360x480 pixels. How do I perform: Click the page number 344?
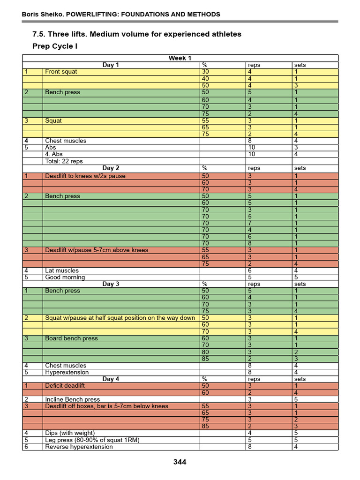pos(180,462)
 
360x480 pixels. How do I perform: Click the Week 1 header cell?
pos(180,58)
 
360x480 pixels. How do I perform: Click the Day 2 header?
pos(111,168)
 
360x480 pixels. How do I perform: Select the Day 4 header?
pos(111,379)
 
